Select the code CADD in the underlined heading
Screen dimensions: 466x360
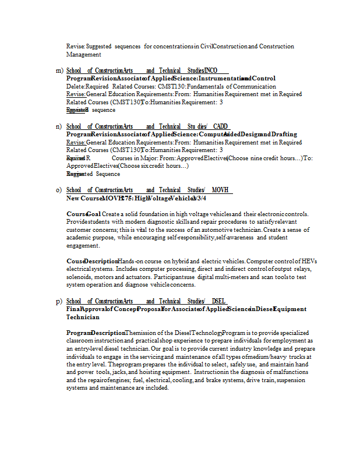click(x=221, y=126)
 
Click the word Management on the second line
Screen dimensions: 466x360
click(x=83, y=55)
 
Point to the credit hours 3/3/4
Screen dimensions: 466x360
click(x=199, y=198)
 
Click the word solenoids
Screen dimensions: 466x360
click(x=80, y=277)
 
